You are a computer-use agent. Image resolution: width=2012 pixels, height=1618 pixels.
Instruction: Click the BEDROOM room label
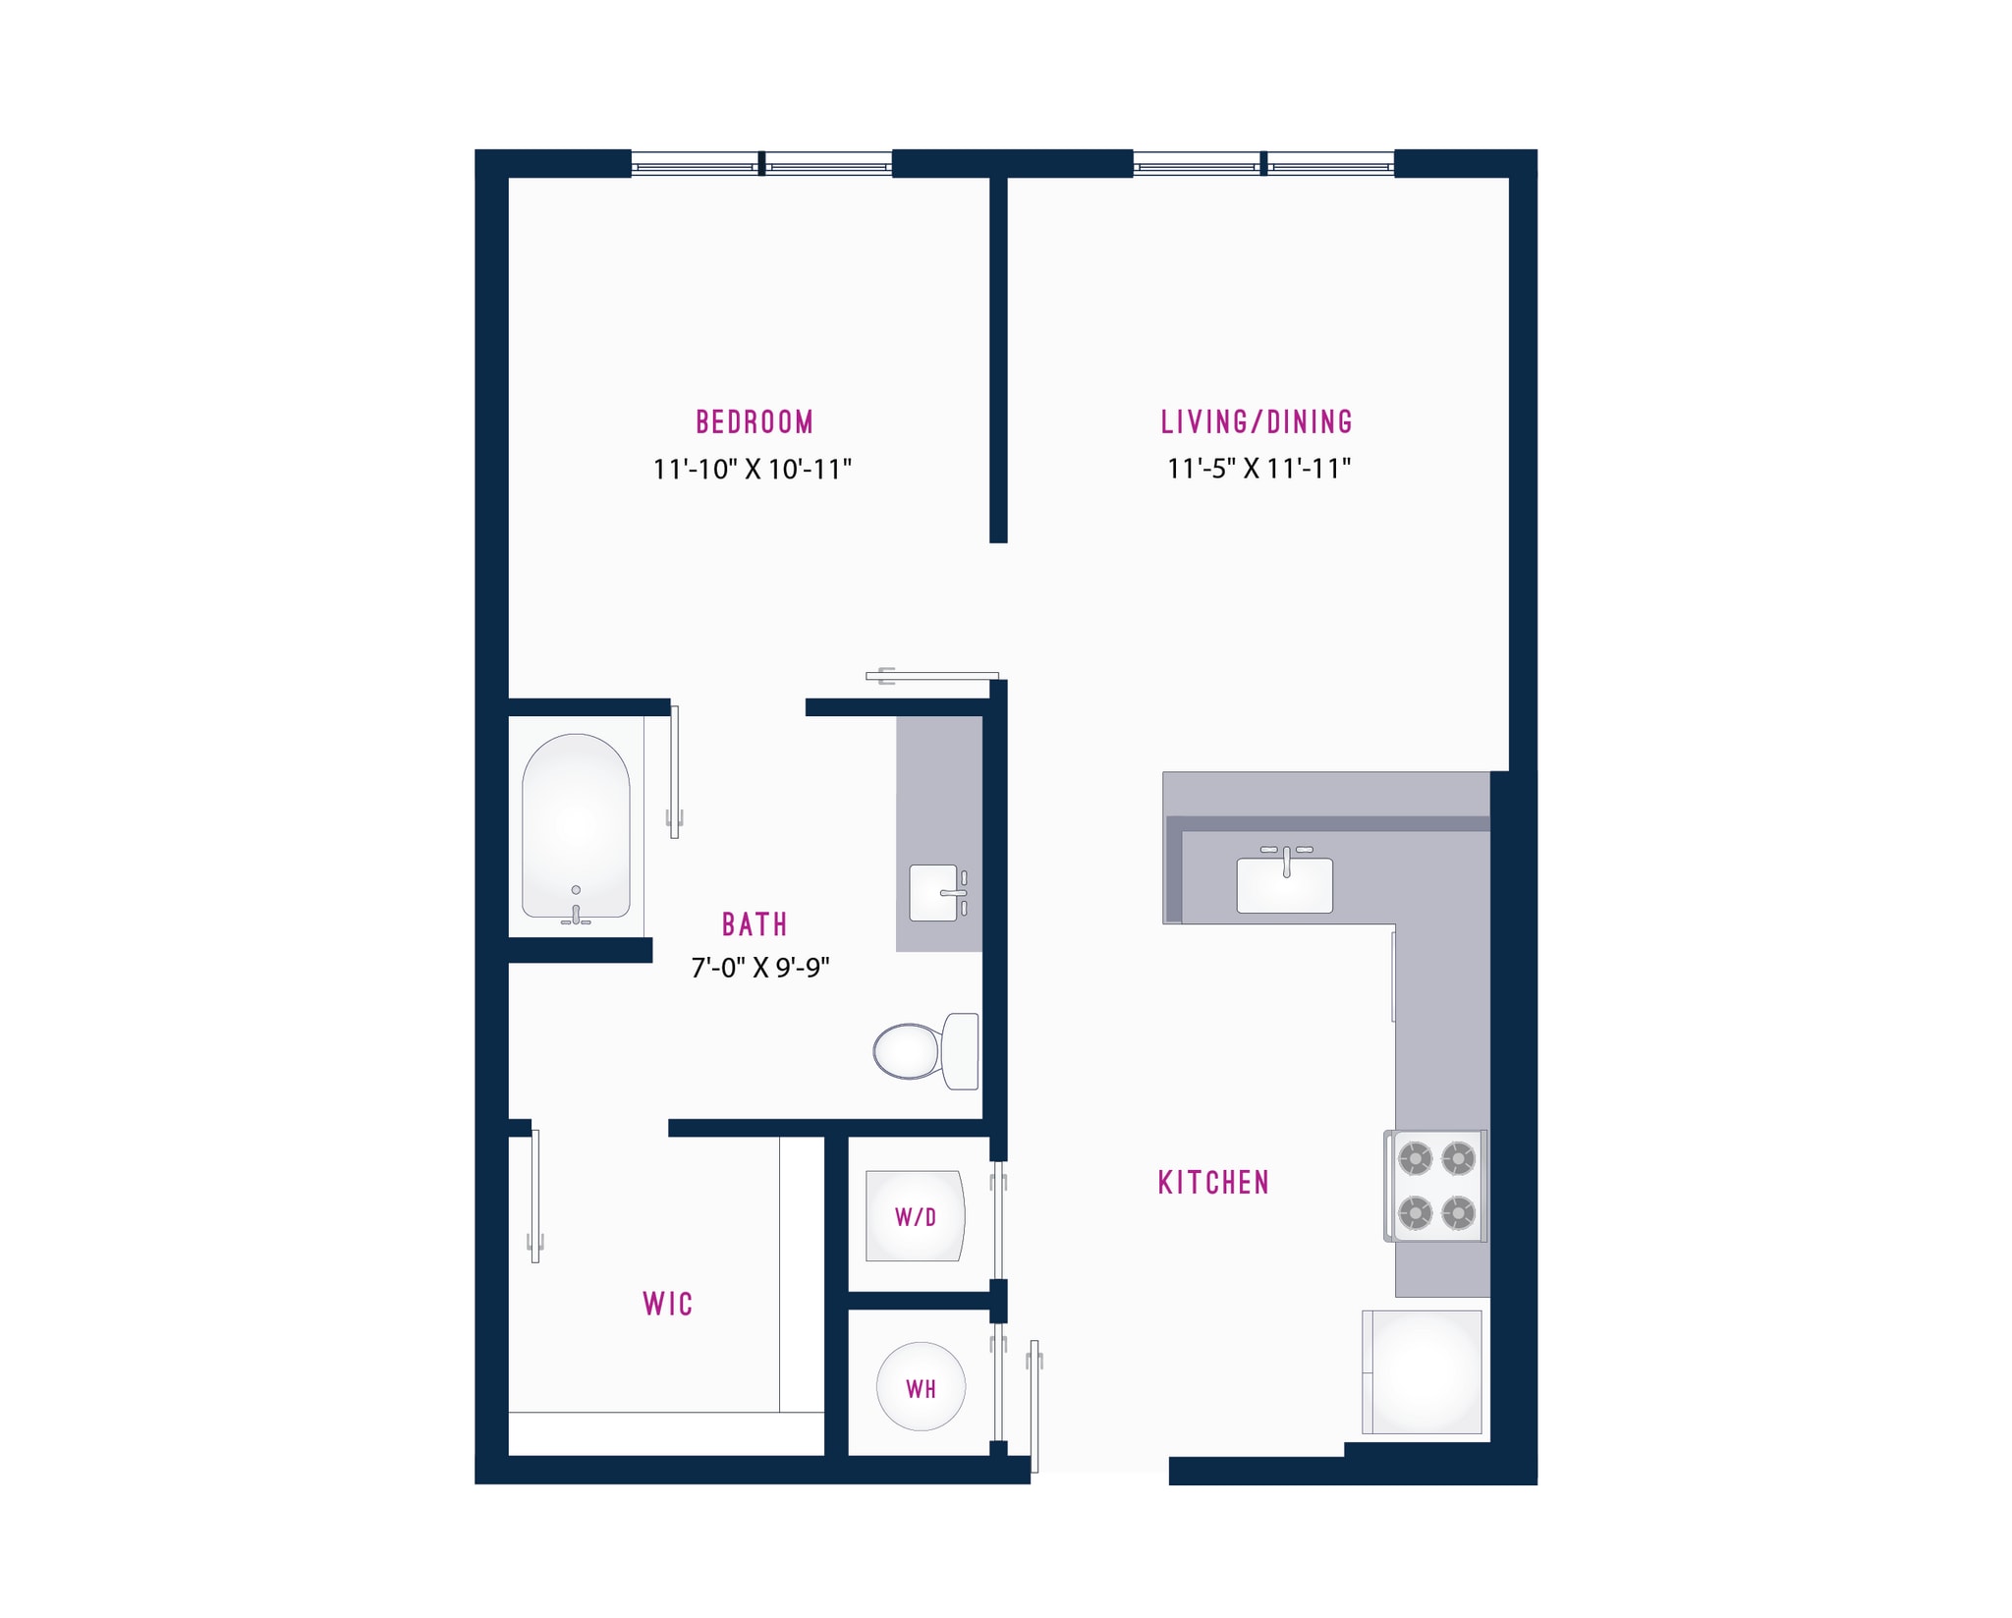(754, 422)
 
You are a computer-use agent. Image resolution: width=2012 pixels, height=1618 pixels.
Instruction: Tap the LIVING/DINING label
(1257, 422)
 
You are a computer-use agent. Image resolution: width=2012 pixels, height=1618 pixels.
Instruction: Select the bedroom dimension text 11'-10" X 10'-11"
(753, 470)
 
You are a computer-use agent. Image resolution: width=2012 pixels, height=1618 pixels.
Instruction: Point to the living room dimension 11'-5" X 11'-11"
(1258, 469)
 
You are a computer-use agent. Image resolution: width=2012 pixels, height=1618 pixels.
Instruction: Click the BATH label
(754, 924)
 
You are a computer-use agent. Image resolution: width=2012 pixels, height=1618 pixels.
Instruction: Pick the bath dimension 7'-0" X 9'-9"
(760, 969)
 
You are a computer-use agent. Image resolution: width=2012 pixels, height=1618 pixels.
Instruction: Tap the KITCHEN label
(1213, 1183)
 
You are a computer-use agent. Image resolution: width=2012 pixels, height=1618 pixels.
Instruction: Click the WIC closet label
(668, 1304)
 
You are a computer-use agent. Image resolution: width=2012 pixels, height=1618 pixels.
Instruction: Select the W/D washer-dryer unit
(915, 1216)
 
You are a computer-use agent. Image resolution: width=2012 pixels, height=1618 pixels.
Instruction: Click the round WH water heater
(921, 1386)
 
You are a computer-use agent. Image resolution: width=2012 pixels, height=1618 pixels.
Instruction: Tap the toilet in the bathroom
(923, 1051)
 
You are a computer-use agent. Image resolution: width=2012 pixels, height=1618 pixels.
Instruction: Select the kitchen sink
(1284, 883)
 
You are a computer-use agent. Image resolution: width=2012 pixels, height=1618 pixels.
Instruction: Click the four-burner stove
(1436, 1186)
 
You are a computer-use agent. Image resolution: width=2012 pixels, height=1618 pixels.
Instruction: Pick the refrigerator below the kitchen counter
(1422, 1371)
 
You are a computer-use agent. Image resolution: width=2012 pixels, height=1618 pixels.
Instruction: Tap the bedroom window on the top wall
(761, 163)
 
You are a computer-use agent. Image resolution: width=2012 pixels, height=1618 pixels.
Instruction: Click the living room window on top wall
(1263, 163)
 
